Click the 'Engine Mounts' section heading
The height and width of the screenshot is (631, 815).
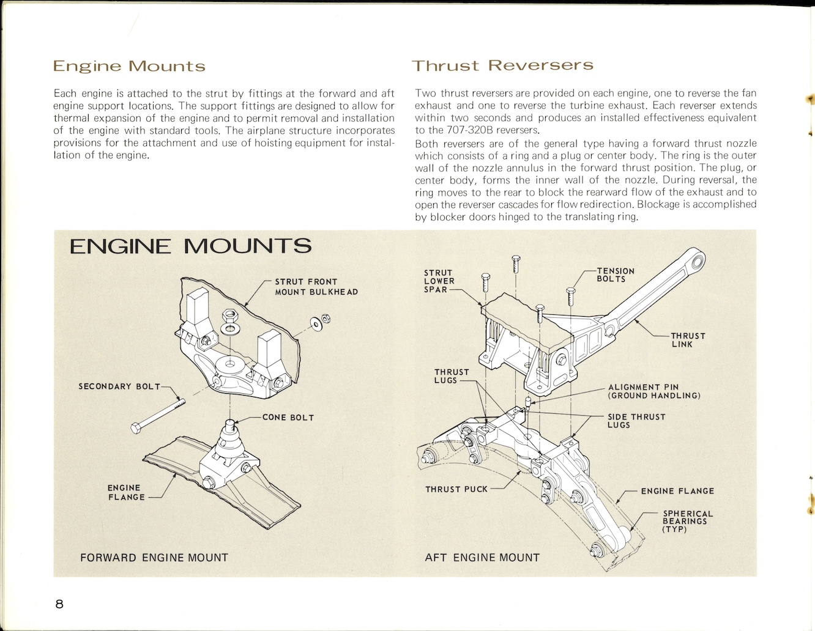pyautogui.click(x=129, y=66)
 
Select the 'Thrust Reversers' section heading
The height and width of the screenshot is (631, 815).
pyautogui.click(x=502, y=65)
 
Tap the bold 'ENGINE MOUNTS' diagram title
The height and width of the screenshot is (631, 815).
pyautogui.click(x=190, y=246)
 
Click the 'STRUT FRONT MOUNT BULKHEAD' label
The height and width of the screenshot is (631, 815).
pyautogui.click(x=316, y=287)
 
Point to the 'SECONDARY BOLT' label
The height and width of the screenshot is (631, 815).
pyautogui.click(x=119, y=386)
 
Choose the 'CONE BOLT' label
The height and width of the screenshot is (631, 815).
pyautogui.click(x=288, y=418)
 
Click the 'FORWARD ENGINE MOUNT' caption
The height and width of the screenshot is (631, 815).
pyautogui.click(x=154, y=558)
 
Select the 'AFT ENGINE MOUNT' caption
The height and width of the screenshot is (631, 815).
pyautogui.click(x=482, y=558)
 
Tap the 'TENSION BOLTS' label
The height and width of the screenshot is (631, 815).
pyautogui.click(x=616, y=275)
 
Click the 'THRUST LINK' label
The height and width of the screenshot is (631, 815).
pyautogui.click(x=688, y=340)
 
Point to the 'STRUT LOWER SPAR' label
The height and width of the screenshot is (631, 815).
pyautogui.click(x=439, y=281)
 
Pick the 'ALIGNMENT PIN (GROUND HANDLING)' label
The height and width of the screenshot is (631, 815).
pyautogui.click(x=653, y=391)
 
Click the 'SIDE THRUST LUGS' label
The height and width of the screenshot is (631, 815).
pyautogui.click(x=636, y=421)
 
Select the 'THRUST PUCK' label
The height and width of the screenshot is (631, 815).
pyautogui.click(x=456, y=489)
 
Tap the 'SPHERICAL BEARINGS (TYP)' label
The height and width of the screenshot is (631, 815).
pyautogui.click(x=688, y=522)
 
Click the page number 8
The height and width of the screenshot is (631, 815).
pyautogui.click(x=59, y=604)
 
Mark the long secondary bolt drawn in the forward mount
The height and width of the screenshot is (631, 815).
pyautogui.click(x=157, y=415)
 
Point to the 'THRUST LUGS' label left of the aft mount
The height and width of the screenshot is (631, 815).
pyautogui.click(x=452, y=376)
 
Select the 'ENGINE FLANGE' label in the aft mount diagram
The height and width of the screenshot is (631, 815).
pyautogui.click(x=677, y=491)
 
